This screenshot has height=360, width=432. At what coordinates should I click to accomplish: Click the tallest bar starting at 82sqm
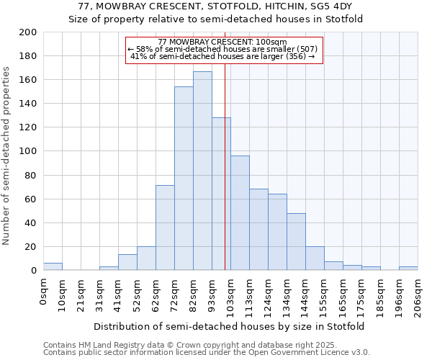pos(202,171)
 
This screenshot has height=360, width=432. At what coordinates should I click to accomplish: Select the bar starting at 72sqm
pos(184,179)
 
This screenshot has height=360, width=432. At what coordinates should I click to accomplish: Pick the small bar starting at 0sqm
pos(53,266)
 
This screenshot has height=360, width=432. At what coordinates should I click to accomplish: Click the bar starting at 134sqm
pos(296,241)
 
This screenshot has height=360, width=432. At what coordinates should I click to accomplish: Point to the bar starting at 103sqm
pos(240,212)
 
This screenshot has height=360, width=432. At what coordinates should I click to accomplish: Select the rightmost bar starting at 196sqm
pos(408,269)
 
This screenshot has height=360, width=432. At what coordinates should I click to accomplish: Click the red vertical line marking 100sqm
pos(225,180)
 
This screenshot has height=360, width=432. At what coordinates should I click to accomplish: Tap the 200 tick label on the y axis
pos(28,32)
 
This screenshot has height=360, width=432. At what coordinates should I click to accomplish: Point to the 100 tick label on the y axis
pos(28,151)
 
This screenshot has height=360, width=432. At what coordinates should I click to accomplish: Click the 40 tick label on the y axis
pos(31,222)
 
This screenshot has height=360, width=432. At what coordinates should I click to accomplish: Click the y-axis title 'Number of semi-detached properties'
pos(7,155)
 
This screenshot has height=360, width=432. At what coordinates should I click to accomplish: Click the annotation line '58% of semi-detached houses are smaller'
pos(224,49)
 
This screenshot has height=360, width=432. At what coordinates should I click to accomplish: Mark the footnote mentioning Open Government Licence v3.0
pos(207,353)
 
